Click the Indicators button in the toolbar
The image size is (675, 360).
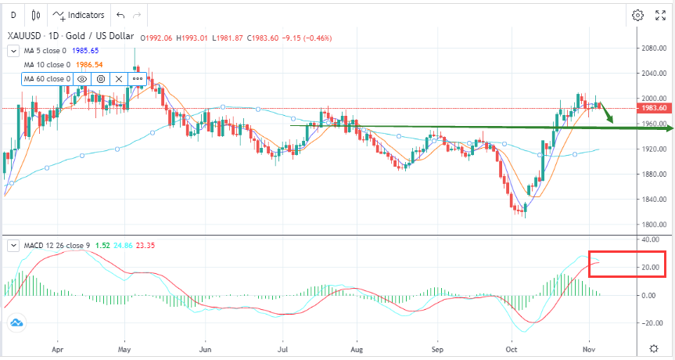click(78, 15)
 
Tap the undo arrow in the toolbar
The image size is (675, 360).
click(120, 15)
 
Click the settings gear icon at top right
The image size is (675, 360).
click(637, 15)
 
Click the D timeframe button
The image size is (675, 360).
click(13, 15)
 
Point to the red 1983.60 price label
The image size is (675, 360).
click(652, 108)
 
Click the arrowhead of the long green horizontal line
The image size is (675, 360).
click(667, 128)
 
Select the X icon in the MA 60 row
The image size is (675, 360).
click(119, 79)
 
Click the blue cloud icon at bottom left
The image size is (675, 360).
click(16, 322)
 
